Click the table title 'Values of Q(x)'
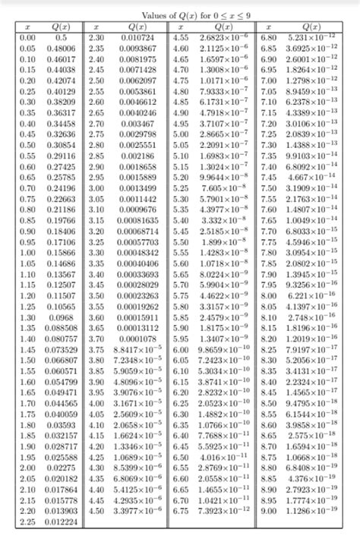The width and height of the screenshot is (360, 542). click(181, 15)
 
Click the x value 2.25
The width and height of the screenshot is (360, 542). click(28, 523)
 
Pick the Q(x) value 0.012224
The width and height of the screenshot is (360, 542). click(62, 523)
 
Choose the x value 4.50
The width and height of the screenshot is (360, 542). click(96, 512)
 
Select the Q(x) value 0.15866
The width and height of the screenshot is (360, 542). click(62, 251)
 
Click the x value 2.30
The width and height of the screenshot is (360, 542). click(96, 36)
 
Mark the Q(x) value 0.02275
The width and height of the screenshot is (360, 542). click(62, 469)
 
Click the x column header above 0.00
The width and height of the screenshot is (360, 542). click(28, 25)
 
